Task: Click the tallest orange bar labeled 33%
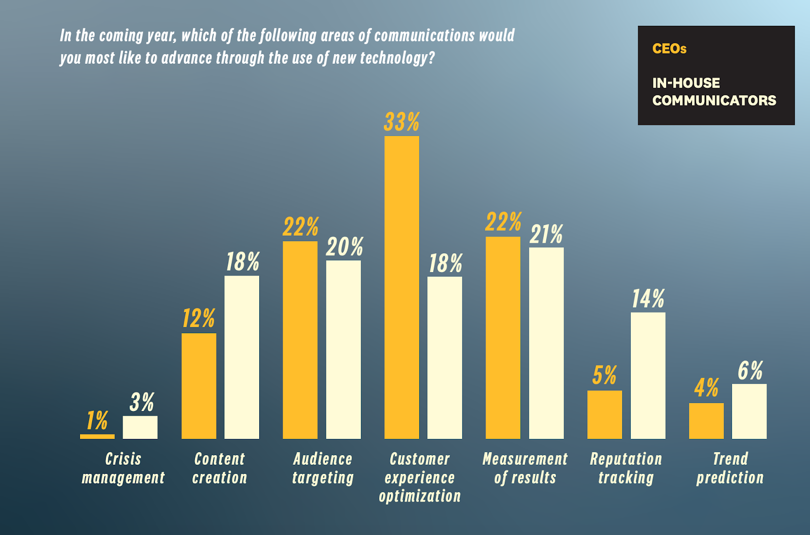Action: [x=401, y=287]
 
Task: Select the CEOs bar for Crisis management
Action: [x=97, y=436]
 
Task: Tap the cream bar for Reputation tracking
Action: [x=648, y=375]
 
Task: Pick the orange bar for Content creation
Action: [x=198, y=386]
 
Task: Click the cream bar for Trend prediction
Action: [x=749, y=411]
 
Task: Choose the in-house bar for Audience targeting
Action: [x=343, y=349]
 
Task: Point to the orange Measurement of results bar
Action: [x=503, y=337]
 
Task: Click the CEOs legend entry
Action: [x=669, y=49]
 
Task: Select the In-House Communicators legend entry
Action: [x=714, y=92]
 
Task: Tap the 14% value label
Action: [x=648, y=299]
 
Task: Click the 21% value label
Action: [x=546, y=235]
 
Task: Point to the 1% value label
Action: [x=97, y=421]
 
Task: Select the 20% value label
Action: [x=344, y=247]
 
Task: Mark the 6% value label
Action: [x=750, y=371]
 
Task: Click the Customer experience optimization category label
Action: [x=420, y=477]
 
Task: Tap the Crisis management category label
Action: [x=123, y=468]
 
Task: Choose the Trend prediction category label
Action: [x=730, y=468]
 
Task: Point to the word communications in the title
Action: [x=424, y=35]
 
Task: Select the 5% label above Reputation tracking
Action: [x=604, y=376]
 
